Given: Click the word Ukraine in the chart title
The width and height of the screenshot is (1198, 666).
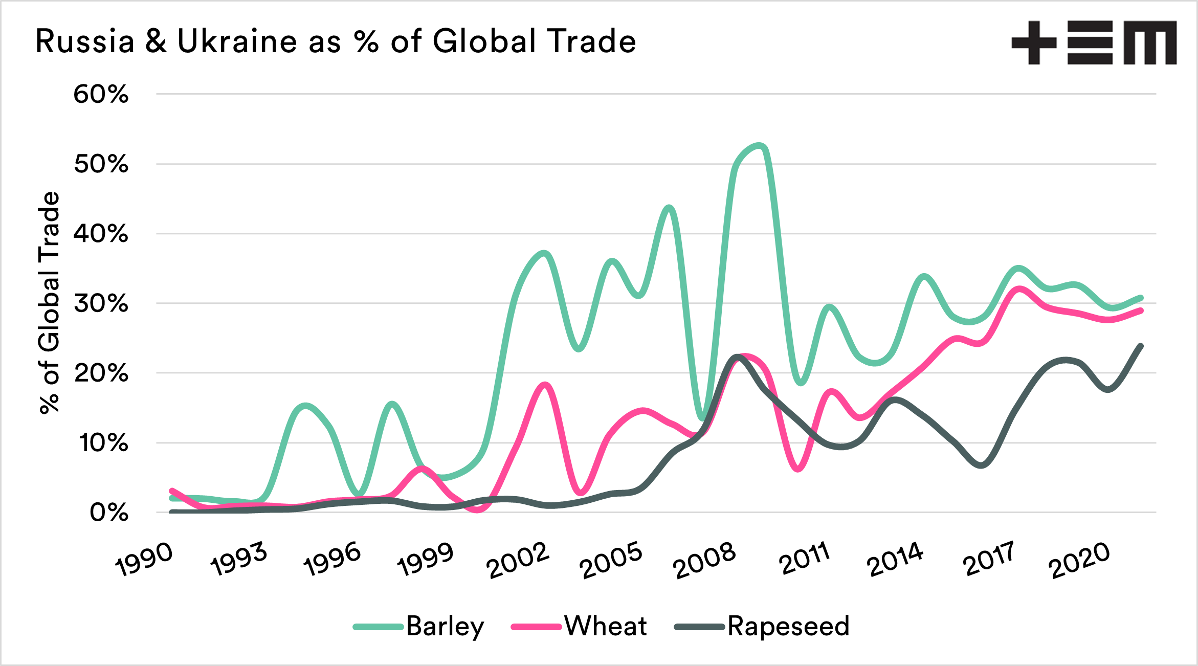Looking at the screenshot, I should click(x=237, y=41).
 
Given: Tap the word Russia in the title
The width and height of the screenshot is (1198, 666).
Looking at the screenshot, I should click(x=85, y=41).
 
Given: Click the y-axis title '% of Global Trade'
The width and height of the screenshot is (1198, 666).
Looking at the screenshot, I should click(x=50, y=302).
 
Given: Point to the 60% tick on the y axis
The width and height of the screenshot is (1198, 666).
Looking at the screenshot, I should click(x=101, y=95).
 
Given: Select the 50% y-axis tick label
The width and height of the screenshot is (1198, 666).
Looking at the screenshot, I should click(x=101, y=164).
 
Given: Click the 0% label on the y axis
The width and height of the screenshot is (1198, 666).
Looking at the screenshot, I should click(x=109, y=513).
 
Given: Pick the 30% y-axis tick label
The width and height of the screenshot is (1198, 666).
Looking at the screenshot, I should click(x=101, y=304).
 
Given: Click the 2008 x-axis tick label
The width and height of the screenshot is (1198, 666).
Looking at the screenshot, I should click(x=704, y=561).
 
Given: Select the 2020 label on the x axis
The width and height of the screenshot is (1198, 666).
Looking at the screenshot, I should click(x=1079, y=561).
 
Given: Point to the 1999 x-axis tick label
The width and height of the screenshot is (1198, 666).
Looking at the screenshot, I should click(x=426, y=560).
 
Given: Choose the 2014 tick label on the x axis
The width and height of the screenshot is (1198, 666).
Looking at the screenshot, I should click(x=895, y=560).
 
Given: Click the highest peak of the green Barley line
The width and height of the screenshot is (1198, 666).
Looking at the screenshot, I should click(x=759, y=146).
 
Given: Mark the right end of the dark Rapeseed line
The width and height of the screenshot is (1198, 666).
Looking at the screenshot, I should click(x=1140, y=346).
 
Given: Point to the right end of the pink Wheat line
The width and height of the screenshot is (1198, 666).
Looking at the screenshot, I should click(x=1140, y=310).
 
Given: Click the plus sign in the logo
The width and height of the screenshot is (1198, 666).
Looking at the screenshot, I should click(x=1034, y=43).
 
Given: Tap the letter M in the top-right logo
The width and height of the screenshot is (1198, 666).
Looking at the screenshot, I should click(x=1150, y=43).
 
